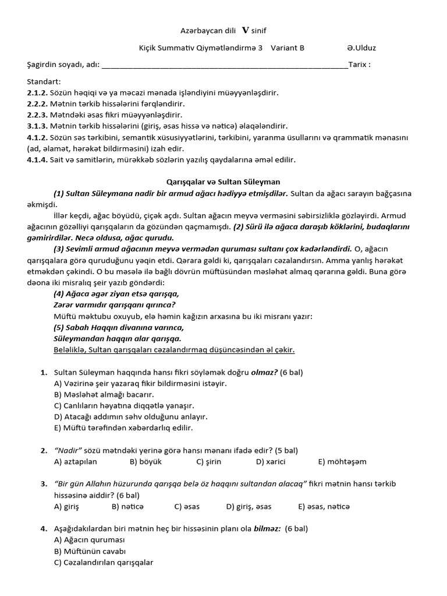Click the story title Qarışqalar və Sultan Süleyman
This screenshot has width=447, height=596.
coord(223,182)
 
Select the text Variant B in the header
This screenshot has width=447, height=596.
coord(288,48)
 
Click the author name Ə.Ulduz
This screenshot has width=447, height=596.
coord(362,48)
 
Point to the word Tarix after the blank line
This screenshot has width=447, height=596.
coord(359,65)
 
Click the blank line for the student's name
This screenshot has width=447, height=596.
coord(225,66)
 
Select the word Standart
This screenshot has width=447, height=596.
coord(44,81)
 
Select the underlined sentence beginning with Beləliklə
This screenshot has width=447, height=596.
coord(174,350)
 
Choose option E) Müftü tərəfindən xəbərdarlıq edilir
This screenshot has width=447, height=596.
coord(123,428)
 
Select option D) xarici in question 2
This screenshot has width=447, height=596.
coord(271,462)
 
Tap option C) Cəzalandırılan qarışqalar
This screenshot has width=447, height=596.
coord(104,562)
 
